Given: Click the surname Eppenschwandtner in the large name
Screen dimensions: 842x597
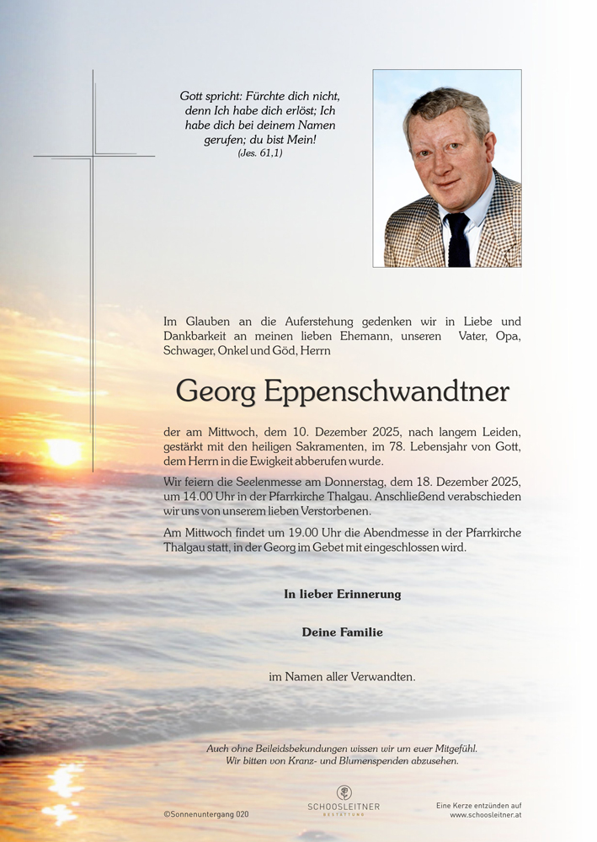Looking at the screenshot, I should [x=387, y=392].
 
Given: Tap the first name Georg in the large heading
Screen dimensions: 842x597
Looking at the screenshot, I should [x=216, y=392].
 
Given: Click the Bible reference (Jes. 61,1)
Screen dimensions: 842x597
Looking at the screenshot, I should [x=260, y=153].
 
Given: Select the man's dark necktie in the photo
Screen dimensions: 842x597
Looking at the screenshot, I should [x=457, y=239].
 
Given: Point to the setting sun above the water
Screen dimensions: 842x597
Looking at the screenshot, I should [x=65, y=452].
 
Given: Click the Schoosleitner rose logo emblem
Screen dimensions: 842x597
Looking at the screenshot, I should [x=344, y=792].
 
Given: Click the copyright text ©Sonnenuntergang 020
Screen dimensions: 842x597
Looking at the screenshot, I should [x=206, y=814].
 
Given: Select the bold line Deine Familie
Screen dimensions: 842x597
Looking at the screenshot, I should [x=342, y=632].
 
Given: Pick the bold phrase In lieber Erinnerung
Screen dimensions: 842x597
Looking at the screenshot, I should [x=342, y=594].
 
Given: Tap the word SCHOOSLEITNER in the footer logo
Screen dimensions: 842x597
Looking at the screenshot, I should [x=344, y=807].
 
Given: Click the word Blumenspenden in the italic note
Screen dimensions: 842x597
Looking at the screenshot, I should [x=375, y=760].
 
